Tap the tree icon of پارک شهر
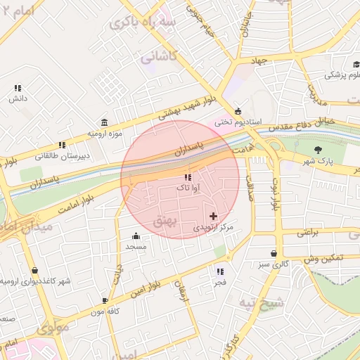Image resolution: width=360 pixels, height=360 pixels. [319, 149]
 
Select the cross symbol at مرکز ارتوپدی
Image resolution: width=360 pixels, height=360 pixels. [214, 216]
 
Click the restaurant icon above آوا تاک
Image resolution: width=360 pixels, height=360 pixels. [188, 177]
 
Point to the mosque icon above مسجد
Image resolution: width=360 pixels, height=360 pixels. [136, 236]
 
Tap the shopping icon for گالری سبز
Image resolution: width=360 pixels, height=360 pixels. [274, 253]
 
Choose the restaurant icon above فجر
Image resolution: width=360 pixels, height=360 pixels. [220, 271]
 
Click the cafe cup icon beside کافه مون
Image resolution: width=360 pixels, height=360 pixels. [105, 300]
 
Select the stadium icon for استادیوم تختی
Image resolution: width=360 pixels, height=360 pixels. [238, 111]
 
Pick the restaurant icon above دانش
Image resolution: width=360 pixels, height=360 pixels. [18, 88]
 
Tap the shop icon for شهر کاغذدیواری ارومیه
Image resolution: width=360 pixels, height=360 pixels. [34, 270]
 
